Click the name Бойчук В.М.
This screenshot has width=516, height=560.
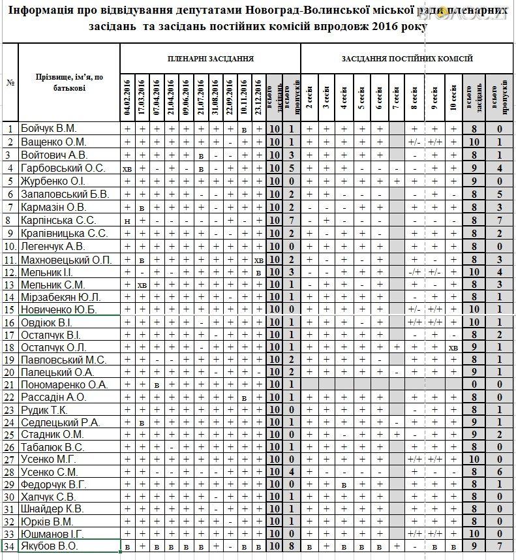49,129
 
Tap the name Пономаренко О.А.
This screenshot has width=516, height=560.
64,384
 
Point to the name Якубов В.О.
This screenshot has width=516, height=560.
50,546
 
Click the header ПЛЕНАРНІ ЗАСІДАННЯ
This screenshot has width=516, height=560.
209,59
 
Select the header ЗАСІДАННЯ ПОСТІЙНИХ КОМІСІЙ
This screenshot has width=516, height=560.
407,59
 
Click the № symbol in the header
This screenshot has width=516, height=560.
10,82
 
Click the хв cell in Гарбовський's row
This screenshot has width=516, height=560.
128,168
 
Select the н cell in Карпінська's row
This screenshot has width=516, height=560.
128,220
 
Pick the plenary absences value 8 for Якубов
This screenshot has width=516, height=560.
291,546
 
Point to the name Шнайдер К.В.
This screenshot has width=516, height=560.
52,509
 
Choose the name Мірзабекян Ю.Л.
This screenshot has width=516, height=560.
61,297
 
